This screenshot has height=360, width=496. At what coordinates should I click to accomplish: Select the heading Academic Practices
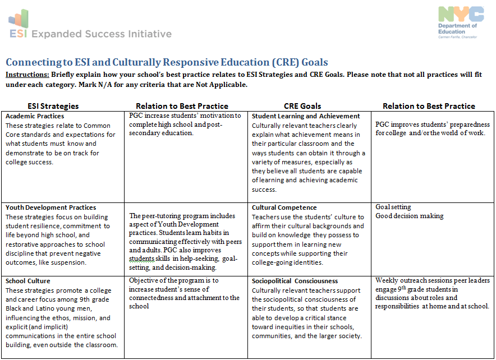pos(35,116)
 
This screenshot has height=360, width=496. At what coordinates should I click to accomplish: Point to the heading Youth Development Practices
pos(51,207)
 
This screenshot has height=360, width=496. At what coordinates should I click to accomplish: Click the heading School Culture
pos(28,281)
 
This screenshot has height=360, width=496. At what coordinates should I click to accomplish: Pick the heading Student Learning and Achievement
pos(306,116)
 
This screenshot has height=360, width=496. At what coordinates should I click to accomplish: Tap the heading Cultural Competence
pos(284,207)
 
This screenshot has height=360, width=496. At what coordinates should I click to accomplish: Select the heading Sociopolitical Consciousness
pos(295,281)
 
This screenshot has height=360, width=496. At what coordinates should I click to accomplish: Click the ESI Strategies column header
pos(53,105)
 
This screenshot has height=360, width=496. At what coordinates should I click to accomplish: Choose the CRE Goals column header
pos(302,105)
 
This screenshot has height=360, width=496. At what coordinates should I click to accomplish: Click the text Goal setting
pos(393,207)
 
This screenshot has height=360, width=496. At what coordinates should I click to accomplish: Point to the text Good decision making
pos(410,216)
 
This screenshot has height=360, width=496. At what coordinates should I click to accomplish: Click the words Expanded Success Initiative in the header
pos(102,34)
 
